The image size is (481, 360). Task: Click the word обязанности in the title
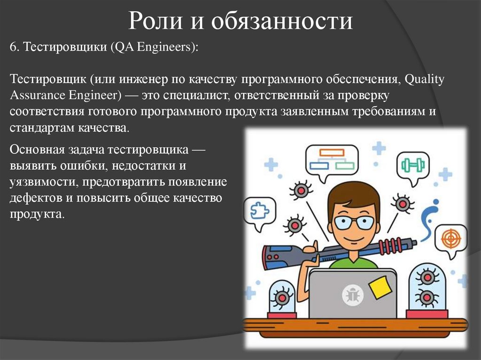tap(281, 22)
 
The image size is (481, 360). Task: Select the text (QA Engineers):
tap(155, 48)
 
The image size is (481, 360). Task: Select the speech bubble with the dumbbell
tap(413, 165)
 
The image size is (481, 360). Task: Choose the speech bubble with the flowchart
tap(332, 161)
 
